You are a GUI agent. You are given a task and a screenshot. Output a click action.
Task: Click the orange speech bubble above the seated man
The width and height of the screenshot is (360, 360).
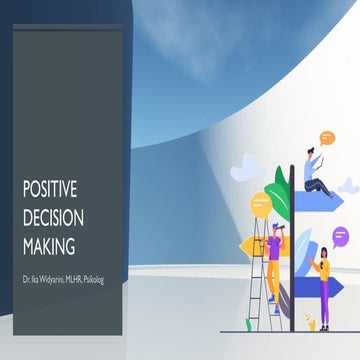(327, 138)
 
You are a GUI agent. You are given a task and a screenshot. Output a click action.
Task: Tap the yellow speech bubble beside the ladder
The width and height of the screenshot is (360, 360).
(261, 205)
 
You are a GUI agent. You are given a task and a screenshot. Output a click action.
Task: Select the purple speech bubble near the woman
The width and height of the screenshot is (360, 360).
(342, 235)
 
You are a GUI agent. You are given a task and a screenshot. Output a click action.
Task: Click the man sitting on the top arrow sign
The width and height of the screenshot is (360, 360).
(316, 172)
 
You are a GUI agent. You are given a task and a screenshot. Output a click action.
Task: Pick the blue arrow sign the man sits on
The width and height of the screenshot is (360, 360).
(319, 197)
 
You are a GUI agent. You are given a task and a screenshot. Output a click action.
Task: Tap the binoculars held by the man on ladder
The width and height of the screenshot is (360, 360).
(281, 230)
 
